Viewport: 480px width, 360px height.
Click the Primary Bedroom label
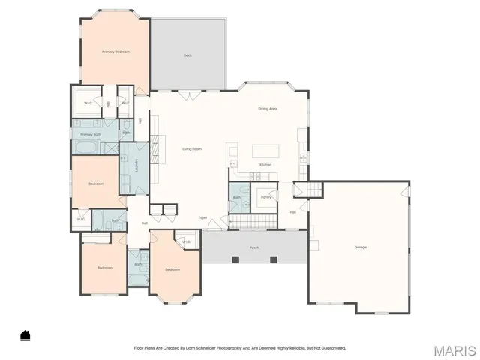116,52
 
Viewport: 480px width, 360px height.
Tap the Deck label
187,55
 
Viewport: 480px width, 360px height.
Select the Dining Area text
268,109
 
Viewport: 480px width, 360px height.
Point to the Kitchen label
265,164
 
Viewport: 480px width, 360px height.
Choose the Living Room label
193,148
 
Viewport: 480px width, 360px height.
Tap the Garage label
361,247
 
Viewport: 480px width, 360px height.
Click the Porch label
255,247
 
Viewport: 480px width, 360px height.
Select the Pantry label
265,197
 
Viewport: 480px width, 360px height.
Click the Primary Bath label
91,133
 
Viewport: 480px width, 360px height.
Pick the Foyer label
202,217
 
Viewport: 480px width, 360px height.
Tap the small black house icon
25,335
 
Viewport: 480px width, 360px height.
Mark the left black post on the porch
235,259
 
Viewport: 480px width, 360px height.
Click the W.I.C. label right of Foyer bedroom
186,241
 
